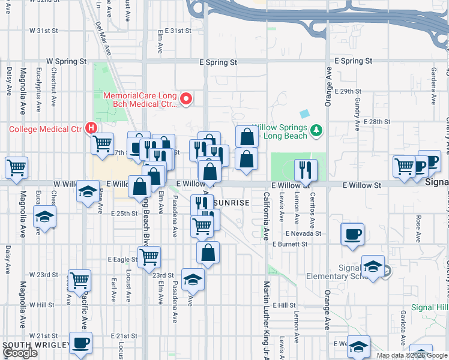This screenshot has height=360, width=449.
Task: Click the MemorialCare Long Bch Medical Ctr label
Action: point(140,100)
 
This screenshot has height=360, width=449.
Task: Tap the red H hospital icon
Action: point(91,128)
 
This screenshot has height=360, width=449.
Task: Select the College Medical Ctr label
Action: point(45,128)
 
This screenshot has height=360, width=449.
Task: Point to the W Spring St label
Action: point(67,62)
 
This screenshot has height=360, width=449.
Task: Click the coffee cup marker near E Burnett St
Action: point(352,233)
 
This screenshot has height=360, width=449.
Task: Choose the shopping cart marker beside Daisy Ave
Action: point(16,167)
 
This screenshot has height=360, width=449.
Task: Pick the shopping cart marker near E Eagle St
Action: point(149,257)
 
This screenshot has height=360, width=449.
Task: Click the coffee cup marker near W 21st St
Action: point(80,343)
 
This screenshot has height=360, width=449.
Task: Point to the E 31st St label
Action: point(178,30)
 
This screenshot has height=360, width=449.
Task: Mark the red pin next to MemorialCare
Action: point(186,99)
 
